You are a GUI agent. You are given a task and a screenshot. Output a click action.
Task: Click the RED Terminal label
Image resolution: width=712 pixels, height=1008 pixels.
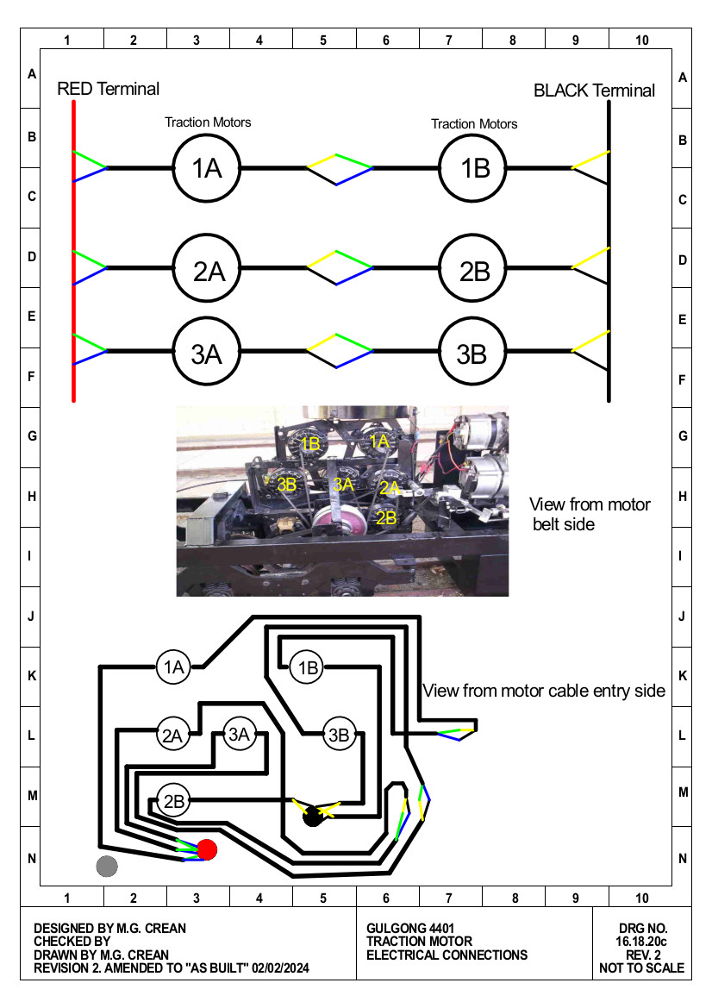(x=108, y=89)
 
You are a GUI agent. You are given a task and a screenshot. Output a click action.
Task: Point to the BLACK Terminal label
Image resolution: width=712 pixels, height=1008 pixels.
(x=595, y=91)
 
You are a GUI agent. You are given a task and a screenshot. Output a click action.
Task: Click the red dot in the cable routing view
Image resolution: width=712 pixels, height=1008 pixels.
(x=206, y=849)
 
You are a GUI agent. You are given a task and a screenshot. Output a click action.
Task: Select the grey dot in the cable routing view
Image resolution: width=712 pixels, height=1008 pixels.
(x=107, y=866)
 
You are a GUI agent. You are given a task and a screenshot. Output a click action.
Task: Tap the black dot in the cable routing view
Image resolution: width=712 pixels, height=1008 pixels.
(x=313, y=817)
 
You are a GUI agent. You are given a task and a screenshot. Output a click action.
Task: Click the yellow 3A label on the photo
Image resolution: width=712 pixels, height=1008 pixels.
(x=343, y=484)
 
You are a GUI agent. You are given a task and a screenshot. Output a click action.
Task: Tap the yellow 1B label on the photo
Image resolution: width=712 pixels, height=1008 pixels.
(x=310, y=443)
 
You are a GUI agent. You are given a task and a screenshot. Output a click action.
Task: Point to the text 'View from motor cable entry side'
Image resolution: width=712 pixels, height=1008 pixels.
(x=544, y=691)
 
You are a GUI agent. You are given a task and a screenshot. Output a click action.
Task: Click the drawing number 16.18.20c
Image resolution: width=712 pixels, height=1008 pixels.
(x=641, y=942)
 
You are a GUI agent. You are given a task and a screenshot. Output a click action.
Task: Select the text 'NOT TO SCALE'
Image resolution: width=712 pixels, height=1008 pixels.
(x=641, y=968)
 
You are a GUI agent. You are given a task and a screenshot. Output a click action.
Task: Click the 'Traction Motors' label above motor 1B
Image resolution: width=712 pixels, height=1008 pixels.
(x=474, y=124)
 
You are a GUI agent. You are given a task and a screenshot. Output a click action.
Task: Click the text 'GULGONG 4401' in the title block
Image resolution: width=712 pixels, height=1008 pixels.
(x=410, y=929)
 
